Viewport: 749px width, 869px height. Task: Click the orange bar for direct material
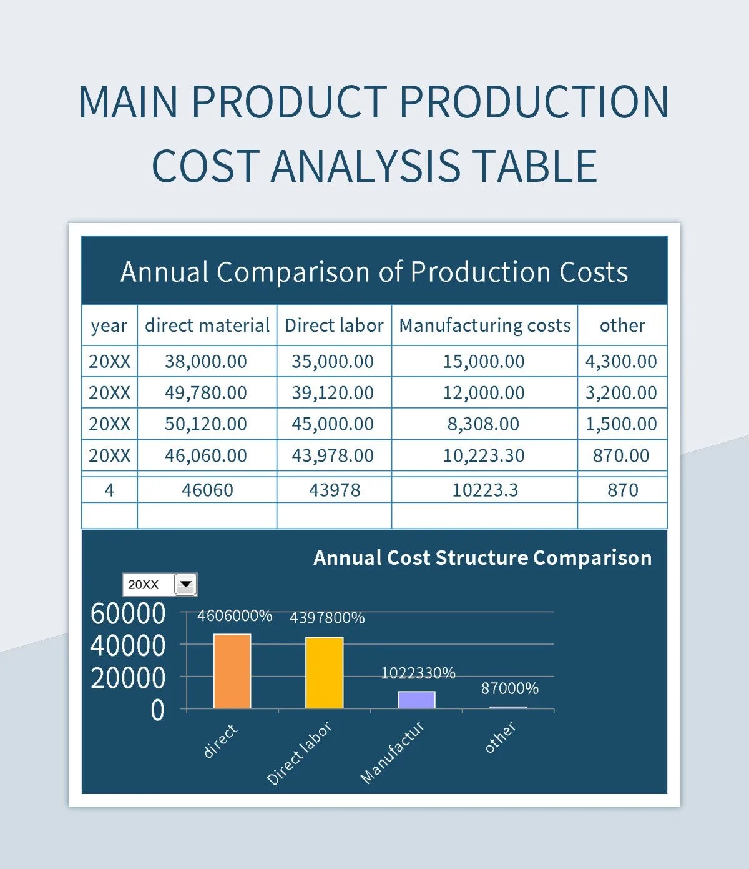tap(232, 672)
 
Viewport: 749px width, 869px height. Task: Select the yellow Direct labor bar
tap(324, 673)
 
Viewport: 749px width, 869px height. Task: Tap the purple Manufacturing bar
tap(416, 700)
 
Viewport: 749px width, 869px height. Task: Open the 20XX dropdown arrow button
tap(186, 585)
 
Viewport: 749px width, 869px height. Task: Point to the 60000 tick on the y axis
tap(128, 613)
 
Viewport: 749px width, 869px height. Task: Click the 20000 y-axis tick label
tap(128, 678)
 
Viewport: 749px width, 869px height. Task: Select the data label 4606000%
tap(235, 616)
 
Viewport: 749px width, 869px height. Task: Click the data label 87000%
tap(509, 688)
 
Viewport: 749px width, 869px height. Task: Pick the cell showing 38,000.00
tap(206, 361)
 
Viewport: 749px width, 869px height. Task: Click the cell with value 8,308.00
tap(484, 424)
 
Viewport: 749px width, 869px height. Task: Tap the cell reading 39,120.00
tap(333, 392)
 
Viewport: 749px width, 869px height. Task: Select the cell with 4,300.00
tap(621, 361)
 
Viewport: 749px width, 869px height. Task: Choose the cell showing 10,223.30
tap(484, 455)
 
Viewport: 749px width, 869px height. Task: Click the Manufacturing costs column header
tap(485, 325)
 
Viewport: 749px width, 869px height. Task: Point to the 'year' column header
tap(109, 325)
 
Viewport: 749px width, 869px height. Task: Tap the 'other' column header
tap(622, 325)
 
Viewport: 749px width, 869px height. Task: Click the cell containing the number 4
tap(109, 490)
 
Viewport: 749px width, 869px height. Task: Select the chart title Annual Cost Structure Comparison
tap(482, 557)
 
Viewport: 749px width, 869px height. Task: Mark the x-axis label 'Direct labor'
tap(299, 753)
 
